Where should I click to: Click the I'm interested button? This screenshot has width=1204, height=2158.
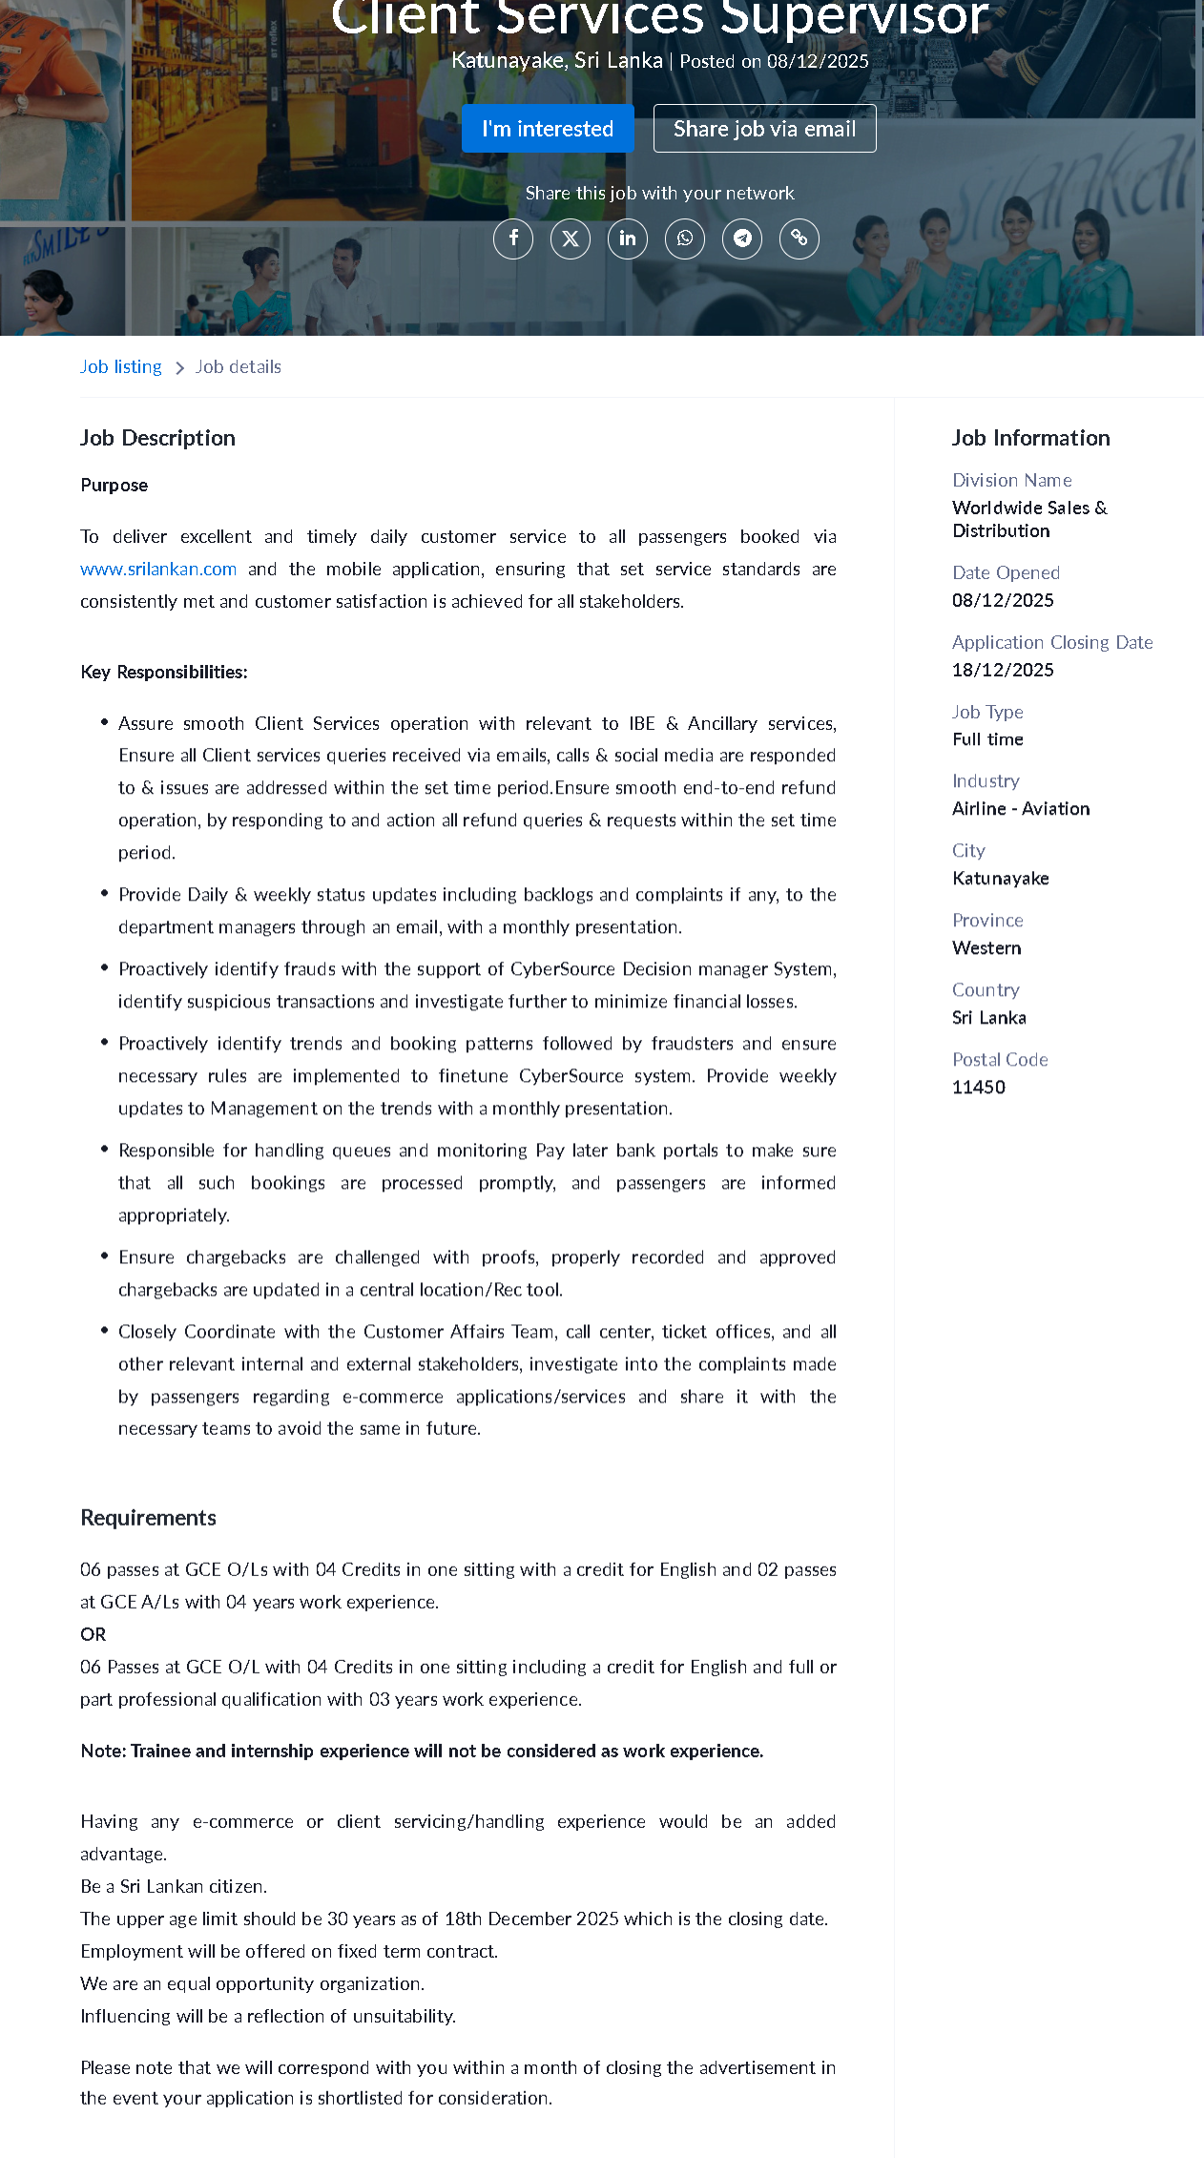(x=548, y=129)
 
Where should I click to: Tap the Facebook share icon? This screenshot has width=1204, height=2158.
(x=513, y=239)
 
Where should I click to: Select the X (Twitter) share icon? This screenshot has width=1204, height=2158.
(x=571, y=239)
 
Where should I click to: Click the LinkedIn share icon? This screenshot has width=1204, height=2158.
(x=628, y=239)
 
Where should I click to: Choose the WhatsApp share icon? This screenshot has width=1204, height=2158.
(x=685, y=239)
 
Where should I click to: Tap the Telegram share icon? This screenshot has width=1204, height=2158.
(x=742, y=239)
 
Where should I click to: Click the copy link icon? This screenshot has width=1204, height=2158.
(x=799, y=239)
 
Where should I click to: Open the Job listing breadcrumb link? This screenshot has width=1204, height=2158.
(x=121, y=367)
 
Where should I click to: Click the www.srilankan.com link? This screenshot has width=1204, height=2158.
(x=158, y=570)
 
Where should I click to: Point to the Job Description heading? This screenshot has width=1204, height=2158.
(x=157, y=438)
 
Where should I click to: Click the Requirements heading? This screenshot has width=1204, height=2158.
(x=148, y=1518)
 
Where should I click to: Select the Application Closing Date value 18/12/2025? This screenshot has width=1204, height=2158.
(x=1003, y=670)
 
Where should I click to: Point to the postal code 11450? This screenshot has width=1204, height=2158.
(x=979, y=1088)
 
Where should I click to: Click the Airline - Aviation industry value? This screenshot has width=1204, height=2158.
(x=1021, y=809)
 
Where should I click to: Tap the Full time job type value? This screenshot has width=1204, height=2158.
(x=987, y=739)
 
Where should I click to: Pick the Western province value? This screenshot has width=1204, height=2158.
(x=986, y=948)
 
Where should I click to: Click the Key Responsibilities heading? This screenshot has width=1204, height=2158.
(x=164, y=673)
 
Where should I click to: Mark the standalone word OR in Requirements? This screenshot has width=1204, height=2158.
(x=93, y=1634)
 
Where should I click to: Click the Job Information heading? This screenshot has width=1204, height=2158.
(x=1030, y=438)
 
